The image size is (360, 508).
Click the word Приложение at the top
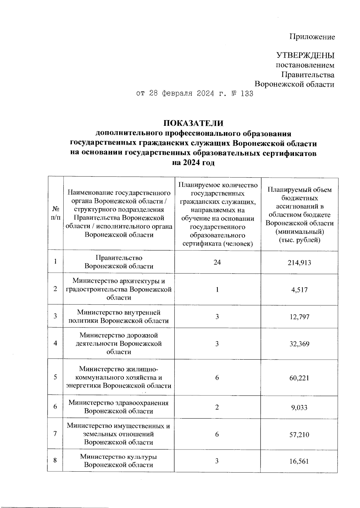coord(312,37)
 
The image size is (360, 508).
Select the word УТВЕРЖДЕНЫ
coord(305,56)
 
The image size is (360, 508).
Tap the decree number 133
coord(247,94)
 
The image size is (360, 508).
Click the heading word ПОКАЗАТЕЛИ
coord(193,123)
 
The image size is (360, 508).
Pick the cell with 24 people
coord(217,262)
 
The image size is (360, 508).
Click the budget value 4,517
coord(299,290)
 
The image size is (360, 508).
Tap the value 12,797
coord(299,317)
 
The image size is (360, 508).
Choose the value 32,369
coord(299,344)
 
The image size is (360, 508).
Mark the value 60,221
coord(299,377)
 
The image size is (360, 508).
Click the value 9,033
coord(299,407)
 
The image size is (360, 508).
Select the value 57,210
coord(299,434)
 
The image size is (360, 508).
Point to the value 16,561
coord(299,461)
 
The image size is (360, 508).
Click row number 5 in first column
coord(55,377)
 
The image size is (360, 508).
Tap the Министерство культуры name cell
coord(119,461)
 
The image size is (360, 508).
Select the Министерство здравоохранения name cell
coord(119,407)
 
